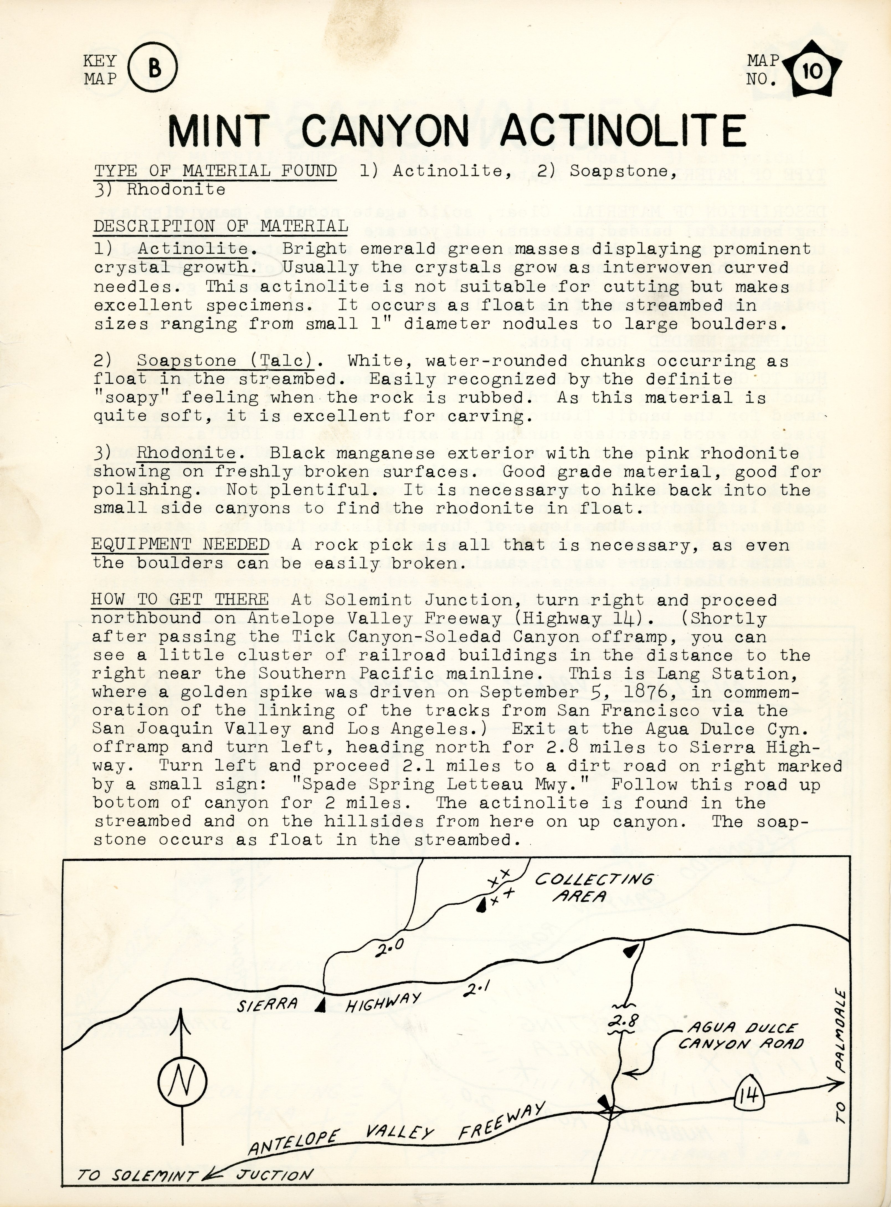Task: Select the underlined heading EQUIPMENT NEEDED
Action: [x=180, y=544]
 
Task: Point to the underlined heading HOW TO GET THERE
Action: [x=180, y=599]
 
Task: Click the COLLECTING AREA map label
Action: [x=593, y=888]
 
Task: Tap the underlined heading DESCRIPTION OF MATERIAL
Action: [x=220, y=226]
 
